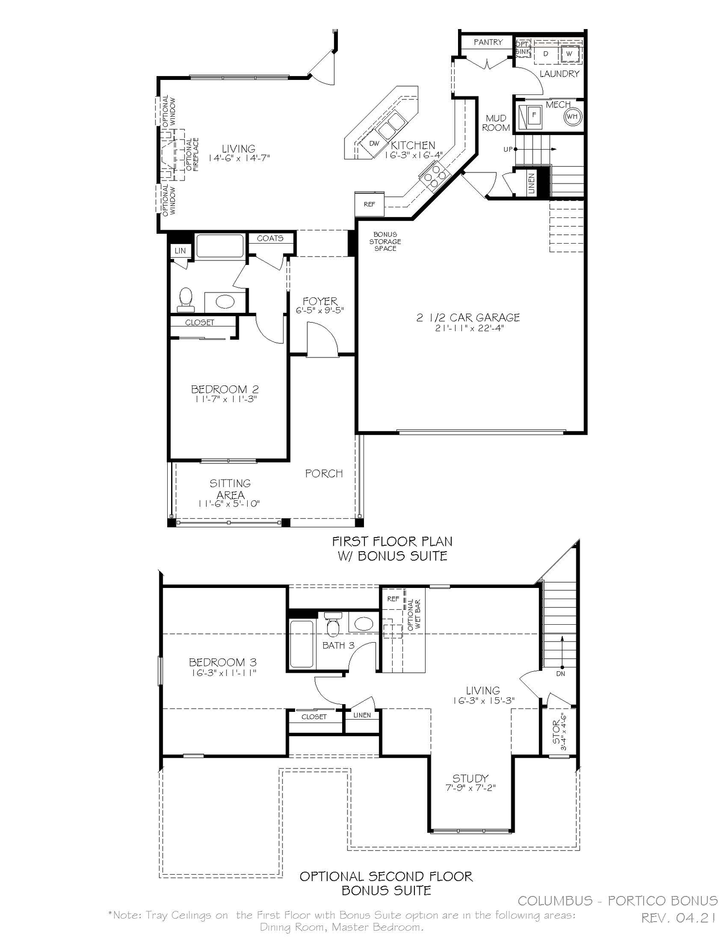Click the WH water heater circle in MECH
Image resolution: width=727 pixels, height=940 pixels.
(x=572, y=117)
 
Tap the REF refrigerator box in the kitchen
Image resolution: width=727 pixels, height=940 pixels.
(x=369, y=204)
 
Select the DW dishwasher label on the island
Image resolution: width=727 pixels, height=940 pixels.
(x=374, y=143)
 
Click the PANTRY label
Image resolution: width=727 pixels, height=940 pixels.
(x=488, y=42)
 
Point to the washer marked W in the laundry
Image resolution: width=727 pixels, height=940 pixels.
(x=569, y=54)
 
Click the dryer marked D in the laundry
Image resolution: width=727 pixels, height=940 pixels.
(x=546, y=54)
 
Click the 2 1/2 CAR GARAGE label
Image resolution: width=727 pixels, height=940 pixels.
(x=468, y=318)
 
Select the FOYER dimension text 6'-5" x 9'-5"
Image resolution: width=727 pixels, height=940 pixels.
(x=320, y=310)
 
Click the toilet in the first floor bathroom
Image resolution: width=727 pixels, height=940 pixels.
(x=186, y=300)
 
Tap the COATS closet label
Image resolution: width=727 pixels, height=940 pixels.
(x=270, y=238)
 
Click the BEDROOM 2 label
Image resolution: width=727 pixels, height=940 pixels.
(x=224, y=389)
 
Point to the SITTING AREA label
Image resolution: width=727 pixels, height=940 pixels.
(x=230, y=489)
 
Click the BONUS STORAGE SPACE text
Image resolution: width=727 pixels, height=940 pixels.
(x=385, y=241)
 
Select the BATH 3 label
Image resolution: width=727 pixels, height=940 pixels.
(x=338, y=646)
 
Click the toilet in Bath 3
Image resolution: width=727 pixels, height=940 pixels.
(x=332, y=625)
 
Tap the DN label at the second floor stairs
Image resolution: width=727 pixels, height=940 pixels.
(x=561, y=674)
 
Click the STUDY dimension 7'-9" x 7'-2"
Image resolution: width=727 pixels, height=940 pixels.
(x=470, y=788)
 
